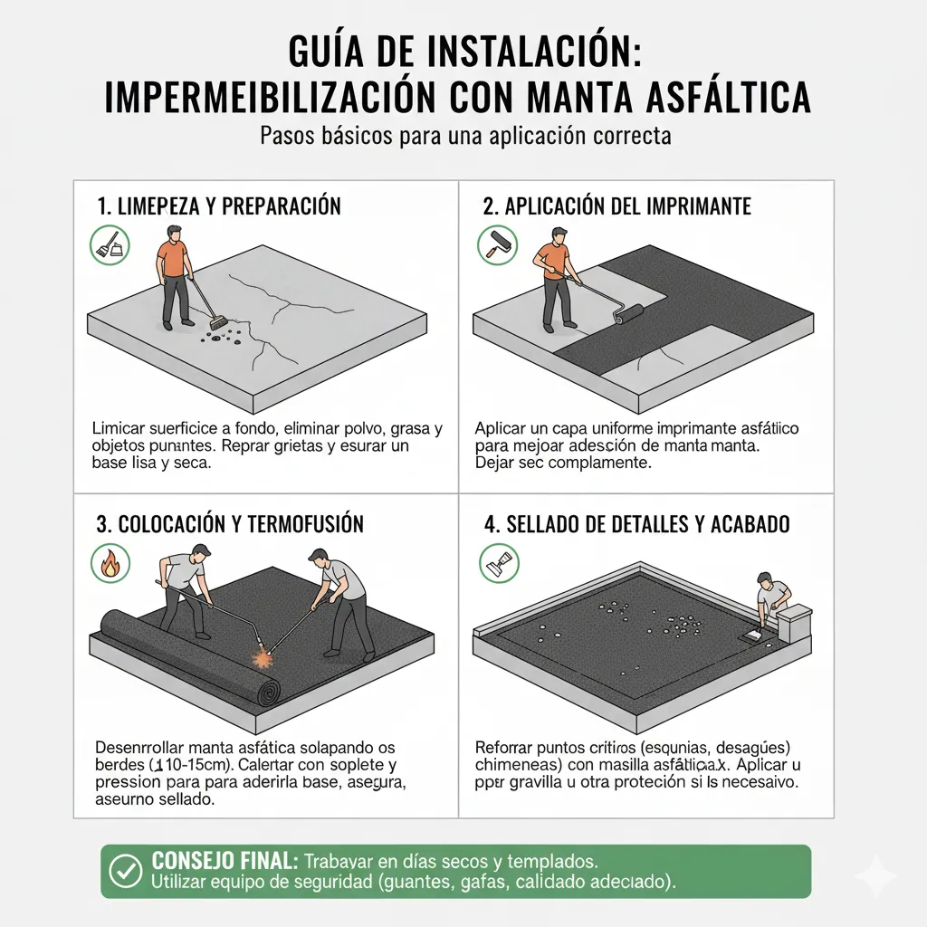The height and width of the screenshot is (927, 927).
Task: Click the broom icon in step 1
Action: tap(110, 245)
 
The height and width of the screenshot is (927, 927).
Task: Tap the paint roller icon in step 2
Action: tap(497, 245)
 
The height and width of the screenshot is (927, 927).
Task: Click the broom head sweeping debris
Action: tap(216, 322)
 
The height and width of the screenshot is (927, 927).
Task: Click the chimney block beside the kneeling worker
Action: tap(793, 624)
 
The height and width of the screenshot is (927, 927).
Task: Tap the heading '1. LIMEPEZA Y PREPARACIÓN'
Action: tap(218, 206)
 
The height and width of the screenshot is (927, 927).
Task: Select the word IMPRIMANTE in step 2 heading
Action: tap(698, 206)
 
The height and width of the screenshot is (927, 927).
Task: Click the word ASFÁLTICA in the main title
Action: tap(714, 98)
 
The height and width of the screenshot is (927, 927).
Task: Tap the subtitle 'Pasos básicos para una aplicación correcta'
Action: tap(464, 138)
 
